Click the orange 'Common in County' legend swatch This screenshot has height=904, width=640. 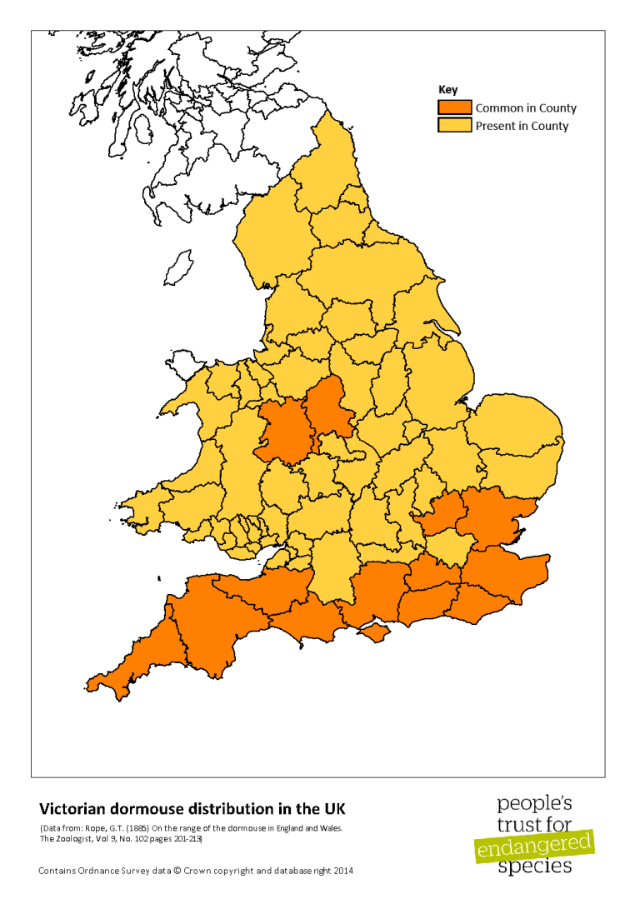(455, 107)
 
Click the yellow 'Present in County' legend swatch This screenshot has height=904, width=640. (455, 126)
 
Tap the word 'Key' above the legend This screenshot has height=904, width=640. (447, 90)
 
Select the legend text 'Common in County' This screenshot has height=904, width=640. (526, 108)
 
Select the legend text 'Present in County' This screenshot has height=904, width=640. (522, 127)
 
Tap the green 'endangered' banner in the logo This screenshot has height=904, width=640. (534, 847)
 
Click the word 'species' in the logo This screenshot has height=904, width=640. (534, 867)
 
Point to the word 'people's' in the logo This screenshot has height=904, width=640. (534, 804)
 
